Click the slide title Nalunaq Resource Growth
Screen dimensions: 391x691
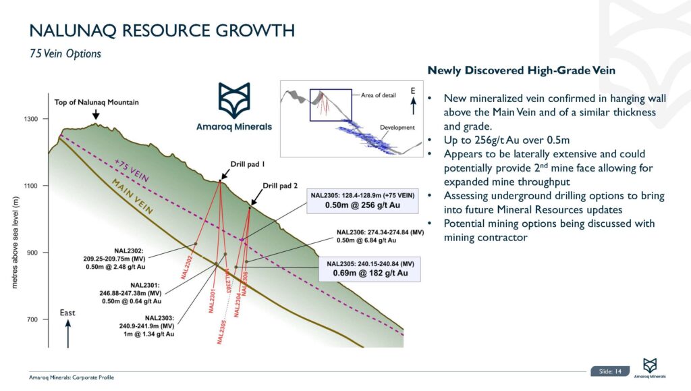pos(162,30)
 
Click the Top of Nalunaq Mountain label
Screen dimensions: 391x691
pos(96,103)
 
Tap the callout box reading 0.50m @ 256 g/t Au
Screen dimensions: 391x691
pos(364,201)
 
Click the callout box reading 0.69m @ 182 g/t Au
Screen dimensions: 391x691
pos(370,269)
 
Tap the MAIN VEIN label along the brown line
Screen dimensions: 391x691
pos(134,197)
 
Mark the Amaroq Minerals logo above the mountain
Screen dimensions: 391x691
pos(233,108)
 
